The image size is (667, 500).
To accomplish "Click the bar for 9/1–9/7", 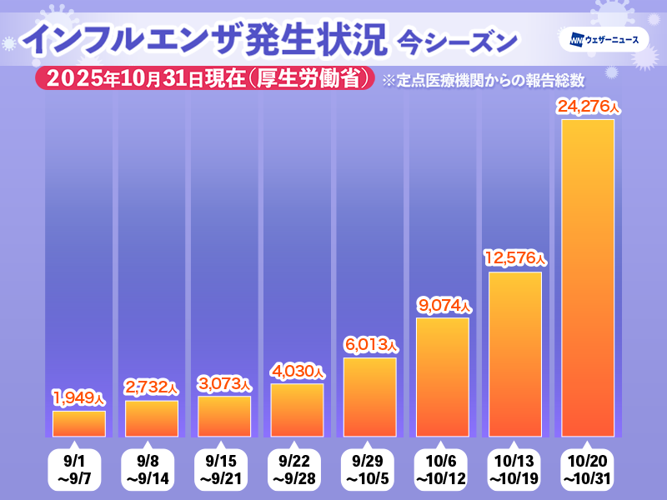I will (79, 423).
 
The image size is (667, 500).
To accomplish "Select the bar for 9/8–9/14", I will (152, 418).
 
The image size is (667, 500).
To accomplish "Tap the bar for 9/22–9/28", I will (297, 410).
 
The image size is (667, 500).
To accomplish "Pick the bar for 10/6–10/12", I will (442, 377).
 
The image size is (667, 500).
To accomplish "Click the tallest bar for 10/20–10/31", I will (587, 278).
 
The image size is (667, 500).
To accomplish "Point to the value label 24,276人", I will (587, 107).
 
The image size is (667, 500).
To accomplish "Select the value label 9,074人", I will (442, 305).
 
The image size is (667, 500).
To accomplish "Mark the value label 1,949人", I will (79, 397).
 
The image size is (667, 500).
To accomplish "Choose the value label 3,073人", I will (224, 383).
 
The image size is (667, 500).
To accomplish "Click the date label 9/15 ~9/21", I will (224, 470).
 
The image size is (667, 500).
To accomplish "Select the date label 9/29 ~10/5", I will (369, 470).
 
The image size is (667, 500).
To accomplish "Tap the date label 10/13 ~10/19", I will (514, 470).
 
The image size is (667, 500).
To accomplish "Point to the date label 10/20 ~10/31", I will (587, 470).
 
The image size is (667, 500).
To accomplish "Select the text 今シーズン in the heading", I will (457, 40).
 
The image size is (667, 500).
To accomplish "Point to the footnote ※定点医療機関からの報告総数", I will (482, 81).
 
